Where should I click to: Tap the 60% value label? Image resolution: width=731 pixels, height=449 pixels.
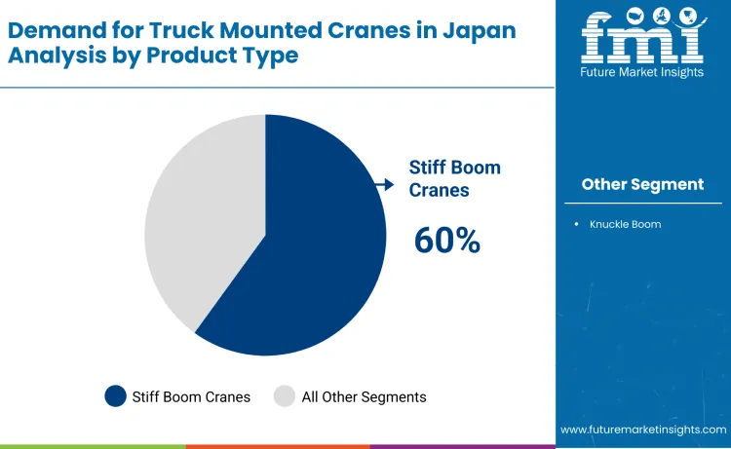point(447,241)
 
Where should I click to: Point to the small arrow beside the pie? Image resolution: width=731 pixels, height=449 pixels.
point(386,183)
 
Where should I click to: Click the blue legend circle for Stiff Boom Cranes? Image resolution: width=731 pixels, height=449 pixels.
point(116,396)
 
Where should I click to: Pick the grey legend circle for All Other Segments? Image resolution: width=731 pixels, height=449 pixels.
point(285,396)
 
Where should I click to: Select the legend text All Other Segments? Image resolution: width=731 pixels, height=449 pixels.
point(364,396)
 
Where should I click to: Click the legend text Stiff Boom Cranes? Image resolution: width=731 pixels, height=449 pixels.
point(192,396)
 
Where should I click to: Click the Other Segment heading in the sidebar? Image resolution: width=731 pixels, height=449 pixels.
point(642,184)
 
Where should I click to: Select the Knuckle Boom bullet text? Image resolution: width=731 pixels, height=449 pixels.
point(625,224)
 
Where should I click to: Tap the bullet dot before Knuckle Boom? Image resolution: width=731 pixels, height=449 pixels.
point(577,224)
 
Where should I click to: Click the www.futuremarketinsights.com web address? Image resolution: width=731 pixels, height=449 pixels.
point(642,430)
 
